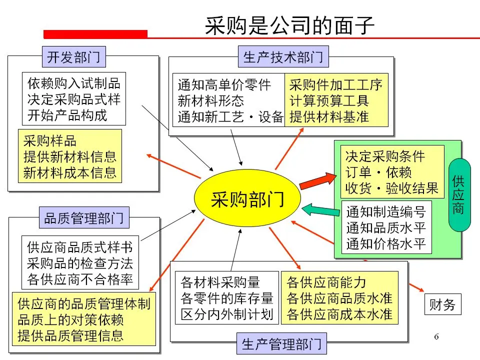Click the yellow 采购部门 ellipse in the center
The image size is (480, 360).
[247, 199]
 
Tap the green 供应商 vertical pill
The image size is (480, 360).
[459, 194]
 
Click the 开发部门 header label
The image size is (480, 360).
[73, 57]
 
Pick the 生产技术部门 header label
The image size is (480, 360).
[283, 57]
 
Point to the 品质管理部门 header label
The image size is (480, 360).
[84, 218]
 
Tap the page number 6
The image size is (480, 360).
[436, 336]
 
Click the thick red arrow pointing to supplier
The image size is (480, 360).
[318, 180]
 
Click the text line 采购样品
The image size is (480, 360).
[50, 141]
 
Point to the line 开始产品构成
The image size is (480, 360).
[67, 116]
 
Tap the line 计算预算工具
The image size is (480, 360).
[329, 100]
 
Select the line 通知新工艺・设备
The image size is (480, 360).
[230, 117]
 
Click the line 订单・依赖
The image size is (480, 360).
[378, 172]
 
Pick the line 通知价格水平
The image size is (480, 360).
[386, 243]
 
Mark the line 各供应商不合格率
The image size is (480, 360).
[80, 279]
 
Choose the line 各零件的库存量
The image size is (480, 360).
[227, 298]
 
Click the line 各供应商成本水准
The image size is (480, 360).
[339, 315]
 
